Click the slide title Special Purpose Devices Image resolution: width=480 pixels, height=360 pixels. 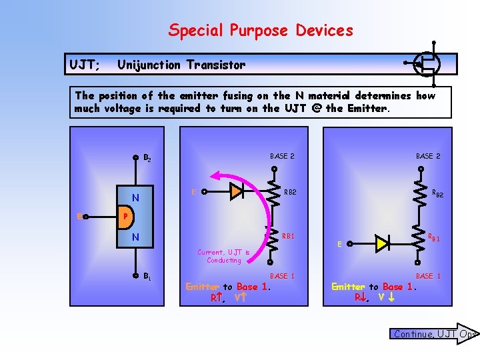pos(261,30)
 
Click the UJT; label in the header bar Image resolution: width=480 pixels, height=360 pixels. pos(85,65)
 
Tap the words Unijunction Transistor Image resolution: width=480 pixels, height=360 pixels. pos(181,65)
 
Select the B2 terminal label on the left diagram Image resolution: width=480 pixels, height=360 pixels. pos(147,159)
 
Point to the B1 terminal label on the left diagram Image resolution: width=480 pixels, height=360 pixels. pos(147,275)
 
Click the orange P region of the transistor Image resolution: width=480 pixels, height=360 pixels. pos(124,217)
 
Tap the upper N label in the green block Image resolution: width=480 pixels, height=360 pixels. pos(135,197)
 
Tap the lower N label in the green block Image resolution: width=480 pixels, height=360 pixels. pos(135,237)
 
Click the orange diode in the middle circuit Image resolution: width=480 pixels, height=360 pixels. pos(237,192)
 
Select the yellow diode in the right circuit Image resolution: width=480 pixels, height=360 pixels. pos(381,243)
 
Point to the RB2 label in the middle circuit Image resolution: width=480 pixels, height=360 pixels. pos(290,193)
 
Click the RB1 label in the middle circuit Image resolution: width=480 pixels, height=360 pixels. pos(289,236)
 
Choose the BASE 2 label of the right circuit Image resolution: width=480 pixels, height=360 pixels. pos(428,156)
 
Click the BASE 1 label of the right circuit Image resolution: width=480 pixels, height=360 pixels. pos(428,275)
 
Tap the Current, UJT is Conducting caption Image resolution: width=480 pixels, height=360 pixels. pos(224,256)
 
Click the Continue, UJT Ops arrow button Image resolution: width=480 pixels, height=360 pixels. pos(434,334)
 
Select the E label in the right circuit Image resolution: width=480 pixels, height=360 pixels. pos(339,244)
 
